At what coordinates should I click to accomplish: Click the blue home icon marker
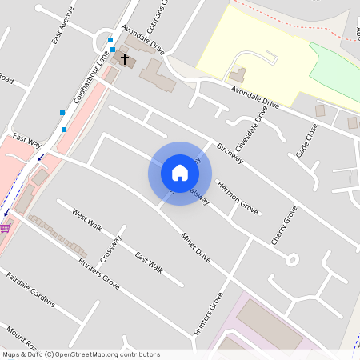[x=180, y=173]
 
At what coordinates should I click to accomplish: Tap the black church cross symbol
[x=125, y=58]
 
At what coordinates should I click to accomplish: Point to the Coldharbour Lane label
[x=90, y=81]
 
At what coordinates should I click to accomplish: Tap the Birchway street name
[x=229, y=153]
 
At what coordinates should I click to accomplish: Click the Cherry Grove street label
[x=284, y=225]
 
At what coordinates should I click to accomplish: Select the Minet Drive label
[x=195, y=248]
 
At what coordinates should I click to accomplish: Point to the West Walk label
[x=87, y=220]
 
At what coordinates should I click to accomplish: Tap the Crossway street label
[x=110, y=248]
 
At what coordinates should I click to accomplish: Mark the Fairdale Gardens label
[x=30, y=290]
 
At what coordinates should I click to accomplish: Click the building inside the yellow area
[x=238, y=75]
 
